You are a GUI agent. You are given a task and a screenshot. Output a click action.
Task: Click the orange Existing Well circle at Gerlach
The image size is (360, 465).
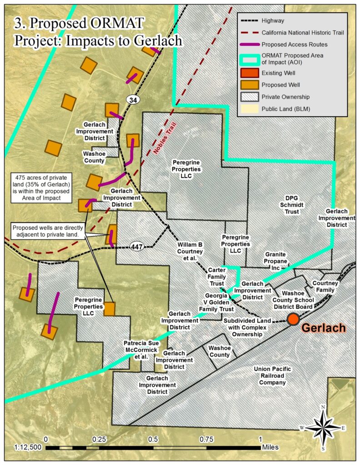tap(293, 319)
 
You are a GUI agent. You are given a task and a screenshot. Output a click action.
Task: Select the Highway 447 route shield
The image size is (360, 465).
tap(136, 247)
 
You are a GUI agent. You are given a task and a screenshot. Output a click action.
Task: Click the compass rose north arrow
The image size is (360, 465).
tap(323, 427)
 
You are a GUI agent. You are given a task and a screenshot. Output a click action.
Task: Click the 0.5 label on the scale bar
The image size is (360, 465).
tap(153, 439)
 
